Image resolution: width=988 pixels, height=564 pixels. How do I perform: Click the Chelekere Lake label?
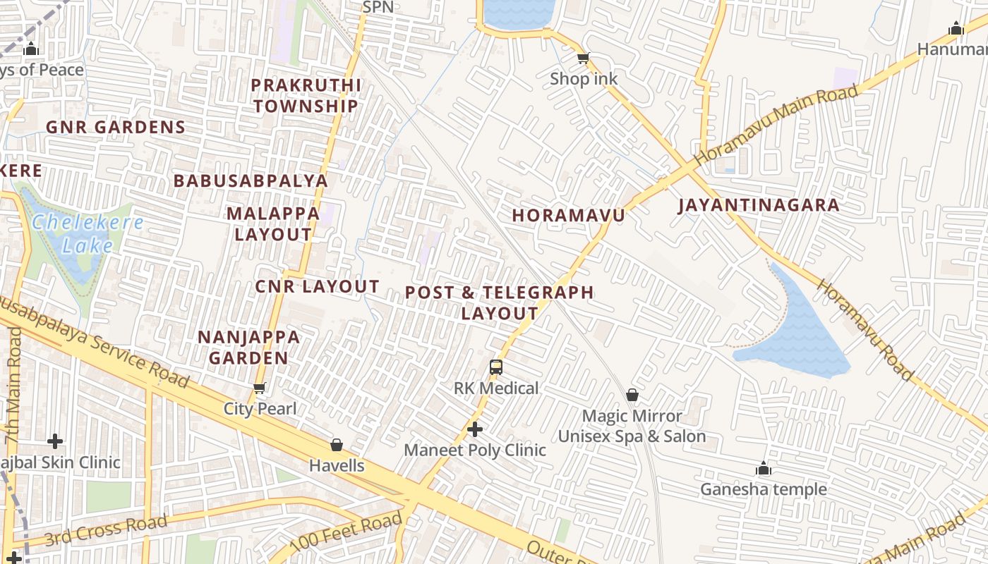point(88,234)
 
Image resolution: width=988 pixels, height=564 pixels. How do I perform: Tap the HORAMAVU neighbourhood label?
point(568,215)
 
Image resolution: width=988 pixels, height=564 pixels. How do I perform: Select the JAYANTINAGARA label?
point(759,205)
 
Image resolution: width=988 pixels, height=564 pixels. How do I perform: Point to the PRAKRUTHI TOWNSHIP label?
point(306,96)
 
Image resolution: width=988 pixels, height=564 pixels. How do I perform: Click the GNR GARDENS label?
point(115,128)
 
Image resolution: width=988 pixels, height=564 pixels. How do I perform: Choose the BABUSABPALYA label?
point(251,180)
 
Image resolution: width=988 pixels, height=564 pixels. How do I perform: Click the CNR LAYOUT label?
point(317,287)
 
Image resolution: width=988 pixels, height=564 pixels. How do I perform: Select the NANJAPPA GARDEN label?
point(248,348)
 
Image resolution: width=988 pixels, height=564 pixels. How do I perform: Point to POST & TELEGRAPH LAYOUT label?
point(500,302)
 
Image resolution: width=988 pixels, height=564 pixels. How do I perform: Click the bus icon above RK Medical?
point(496,367)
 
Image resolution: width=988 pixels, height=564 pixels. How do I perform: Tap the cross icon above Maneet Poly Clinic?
point(475,429)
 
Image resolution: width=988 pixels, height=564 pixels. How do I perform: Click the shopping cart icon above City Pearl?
point(259,388)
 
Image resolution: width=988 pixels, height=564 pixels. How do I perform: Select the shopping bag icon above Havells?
point(337,445)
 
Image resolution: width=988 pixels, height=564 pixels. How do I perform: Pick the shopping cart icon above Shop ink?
point(583,58)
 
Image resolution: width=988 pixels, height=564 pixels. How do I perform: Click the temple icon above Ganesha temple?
point(763,468)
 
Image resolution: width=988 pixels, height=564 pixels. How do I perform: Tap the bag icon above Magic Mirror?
point(632,395)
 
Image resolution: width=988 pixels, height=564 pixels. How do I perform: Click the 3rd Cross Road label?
point(106,530)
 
